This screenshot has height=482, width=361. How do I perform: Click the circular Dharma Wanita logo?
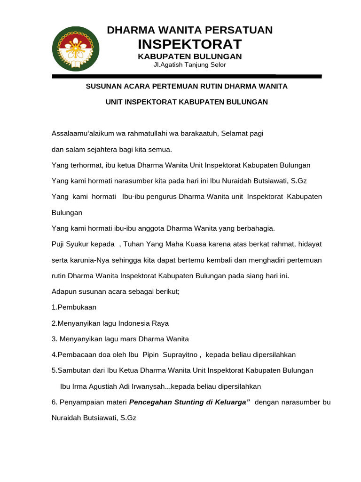point(76,49)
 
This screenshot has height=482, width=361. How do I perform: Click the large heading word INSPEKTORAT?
point(189,44)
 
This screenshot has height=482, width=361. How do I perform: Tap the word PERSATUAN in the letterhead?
point(240,30)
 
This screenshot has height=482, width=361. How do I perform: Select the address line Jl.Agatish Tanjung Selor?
point(189,65)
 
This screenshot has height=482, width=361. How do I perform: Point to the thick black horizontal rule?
point(187,76)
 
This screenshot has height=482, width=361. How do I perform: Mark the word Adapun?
point(63,292)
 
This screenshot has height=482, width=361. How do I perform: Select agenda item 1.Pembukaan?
point(74,307)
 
